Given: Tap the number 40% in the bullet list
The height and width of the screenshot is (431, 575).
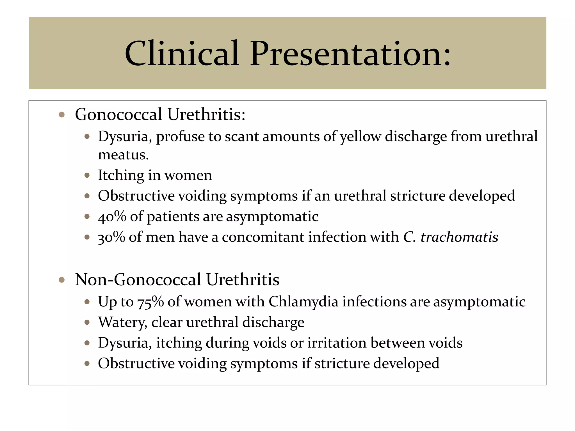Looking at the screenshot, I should [112, 217].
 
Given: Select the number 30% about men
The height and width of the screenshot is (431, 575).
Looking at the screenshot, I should [111, 237].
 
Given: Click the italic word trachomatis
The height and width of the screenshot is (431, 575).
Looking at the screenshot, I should [459, 237].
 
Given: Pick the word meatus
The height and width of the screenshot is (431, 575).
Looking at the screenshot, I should [123, 155].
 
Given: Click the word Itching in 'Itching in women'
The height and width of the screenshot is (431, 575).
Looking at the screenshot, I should [121, 176].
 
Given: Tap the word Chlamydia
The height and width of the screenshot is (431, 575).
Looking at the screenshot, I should [303, 302].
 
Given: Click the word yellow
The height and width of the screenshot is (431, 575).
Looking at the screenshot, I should [360, 137].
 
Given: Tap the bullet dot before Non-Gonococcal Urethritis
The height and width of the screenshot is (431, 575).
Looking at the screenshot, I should [62, 280].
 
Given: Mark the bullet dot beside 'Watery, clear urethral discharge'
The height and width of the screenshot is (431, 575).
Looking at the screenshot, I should [87, 322].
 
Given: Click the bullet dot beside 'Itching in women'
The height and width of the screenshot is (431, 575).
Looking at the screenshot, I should [87, 176].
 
